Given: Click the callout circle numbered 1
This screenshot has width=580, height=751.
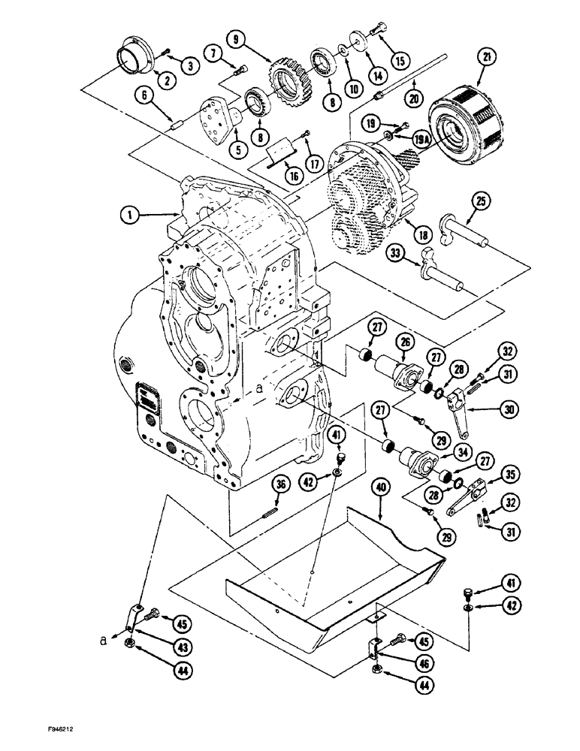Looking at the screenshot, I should pyautogui.click(x=133, y=215).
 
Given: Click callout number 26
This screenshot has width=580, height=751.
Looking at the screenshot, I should pyautogui.click(x=406, y=342).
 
